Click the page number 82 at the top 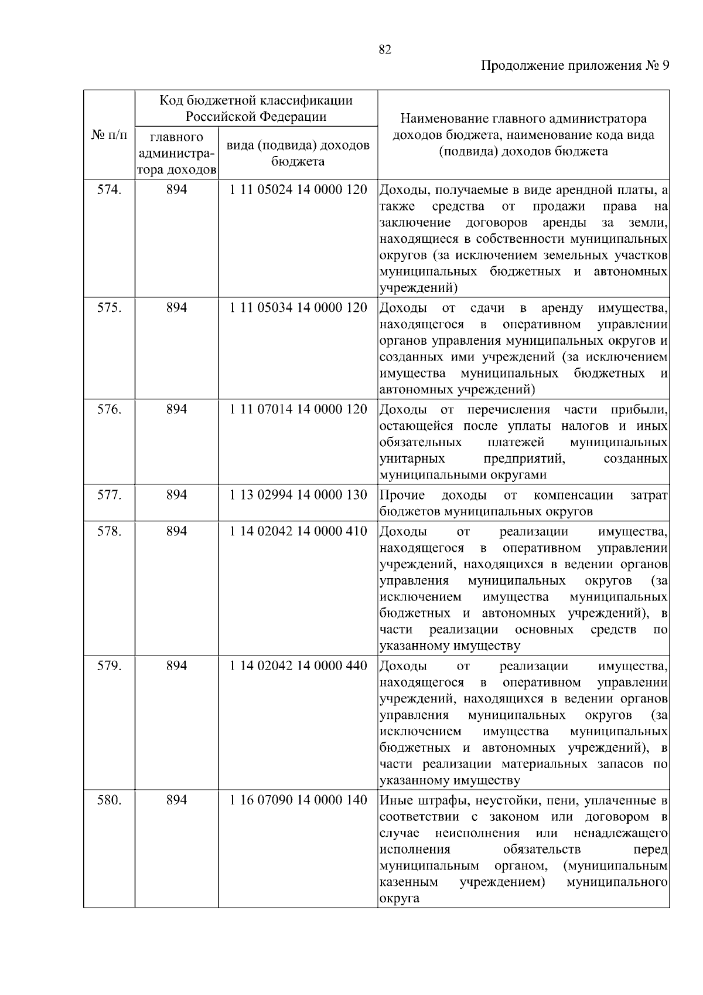385,50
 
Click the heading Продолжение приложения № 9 575,66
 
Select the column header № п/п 109,135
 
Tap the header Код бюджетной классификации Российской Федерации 256,108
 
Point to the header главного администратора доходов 176,154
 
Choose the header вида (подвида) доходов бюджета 298,153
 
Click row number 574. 109,190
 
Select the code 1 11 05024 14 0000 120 298,190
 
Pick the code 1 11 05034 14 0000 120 298,308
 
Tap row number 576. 109,409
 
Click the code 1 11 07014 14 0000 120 298,409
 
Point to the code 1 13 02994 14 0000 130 298,495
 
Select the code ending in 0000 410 298,531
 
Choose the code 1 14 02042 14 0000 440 298,666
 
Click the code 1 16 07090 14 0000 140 298,800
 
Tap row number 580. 109,800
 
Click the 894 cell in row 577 176,495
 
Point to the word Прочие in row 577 402,495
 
